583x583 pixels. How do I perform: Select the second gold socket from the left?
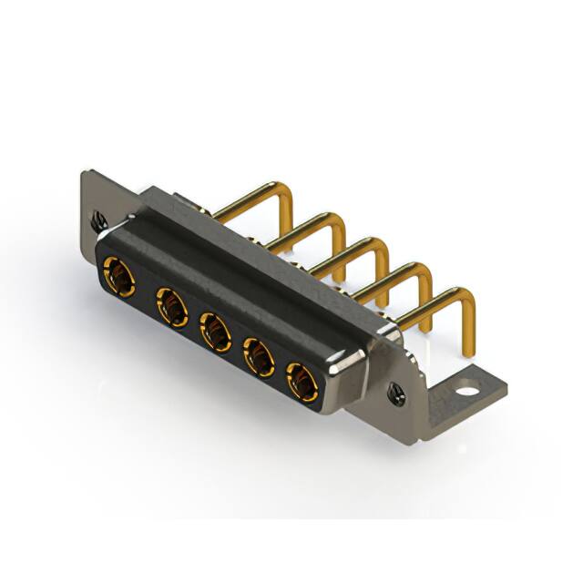tap(171, 305)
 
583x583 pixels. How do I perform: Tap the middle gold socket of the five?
tap(216, 332)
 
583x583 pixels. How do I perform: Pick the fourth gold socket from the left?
tap(260, 358)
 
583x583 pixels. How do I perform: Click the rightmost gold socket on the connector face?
tap(302, 383)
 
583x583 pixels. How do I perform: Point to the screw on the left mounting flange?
tap(99, 220)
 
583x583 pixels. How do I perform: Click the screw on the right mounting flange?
tap(396, 394)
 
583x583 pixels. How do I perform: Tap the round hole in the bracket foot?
tap(466, 392)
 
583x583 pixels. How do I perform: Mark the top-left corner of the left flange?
tap(84, 173)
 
